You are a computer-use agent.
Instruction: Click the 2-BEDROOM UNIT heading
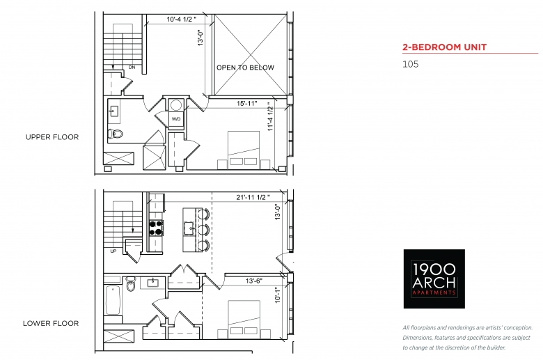tap(444, 47)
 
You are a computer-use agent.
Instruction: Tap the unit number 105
tap(410, 64)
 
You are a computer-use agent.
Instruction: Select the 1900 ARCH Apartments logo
tap(434, 279)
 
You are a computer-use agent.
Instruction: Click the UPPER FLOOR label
tap(52, 137)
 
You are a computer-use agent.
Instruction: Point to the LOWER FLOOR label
tap(51, 323)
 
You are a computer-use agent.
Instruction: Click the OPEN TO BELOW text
tap(245, 68)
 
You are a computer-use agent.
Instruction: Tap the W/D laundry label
tap(176, 119)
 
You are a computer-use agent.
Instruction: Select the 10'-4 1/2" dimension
tap(182, 19)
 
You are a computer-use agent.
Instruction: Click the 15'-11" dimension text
tap(247, 104)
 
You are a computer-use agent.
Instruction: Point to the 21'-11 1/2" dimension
tap(253, 198)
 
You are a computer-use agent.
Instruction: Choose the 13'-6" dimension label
tap(254, 281)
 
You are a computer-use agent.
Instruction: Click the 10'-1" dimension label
tap(278, 295)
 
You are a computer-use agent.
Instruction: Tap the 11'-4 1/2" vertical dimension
tap(271, 116)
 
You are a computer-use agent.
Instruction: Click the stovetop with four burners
tap(156, 228)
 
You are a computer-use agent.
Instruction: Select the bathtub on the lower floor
tap(113, 299)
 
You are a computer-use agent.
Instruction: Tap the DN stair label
tap(132, 68)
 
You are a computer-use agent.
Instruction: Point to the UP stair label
tap(113, 251)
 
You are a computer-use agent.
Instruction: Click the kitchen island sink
tap(189, 228)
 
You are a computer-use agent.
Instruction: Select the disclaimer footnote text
tap(468, 338)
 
